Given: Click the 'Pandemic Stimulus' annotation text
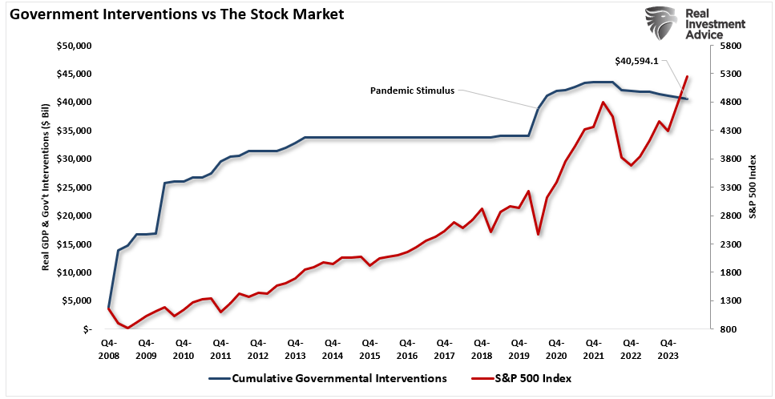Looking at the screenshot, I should [x=412, y=91].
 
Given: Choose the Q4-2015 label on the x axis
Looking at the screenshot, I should [x=369, y=349].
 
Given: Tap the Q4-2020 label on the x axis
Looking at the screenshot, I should [x=555, y=349].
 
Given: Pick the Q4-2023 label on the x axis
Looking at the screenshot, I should [x=667, y=349].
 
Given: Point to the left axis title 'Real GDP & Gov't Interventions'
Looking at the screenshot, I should [x=48, y=187].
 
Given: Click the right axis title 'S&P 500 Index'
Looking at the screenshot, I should [x=753, y=187].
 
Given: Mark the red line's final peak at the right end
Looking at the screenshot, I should [x=688, y=77].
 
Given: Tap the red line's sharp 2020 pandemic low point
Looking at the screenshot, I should [x=538, y=235].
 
